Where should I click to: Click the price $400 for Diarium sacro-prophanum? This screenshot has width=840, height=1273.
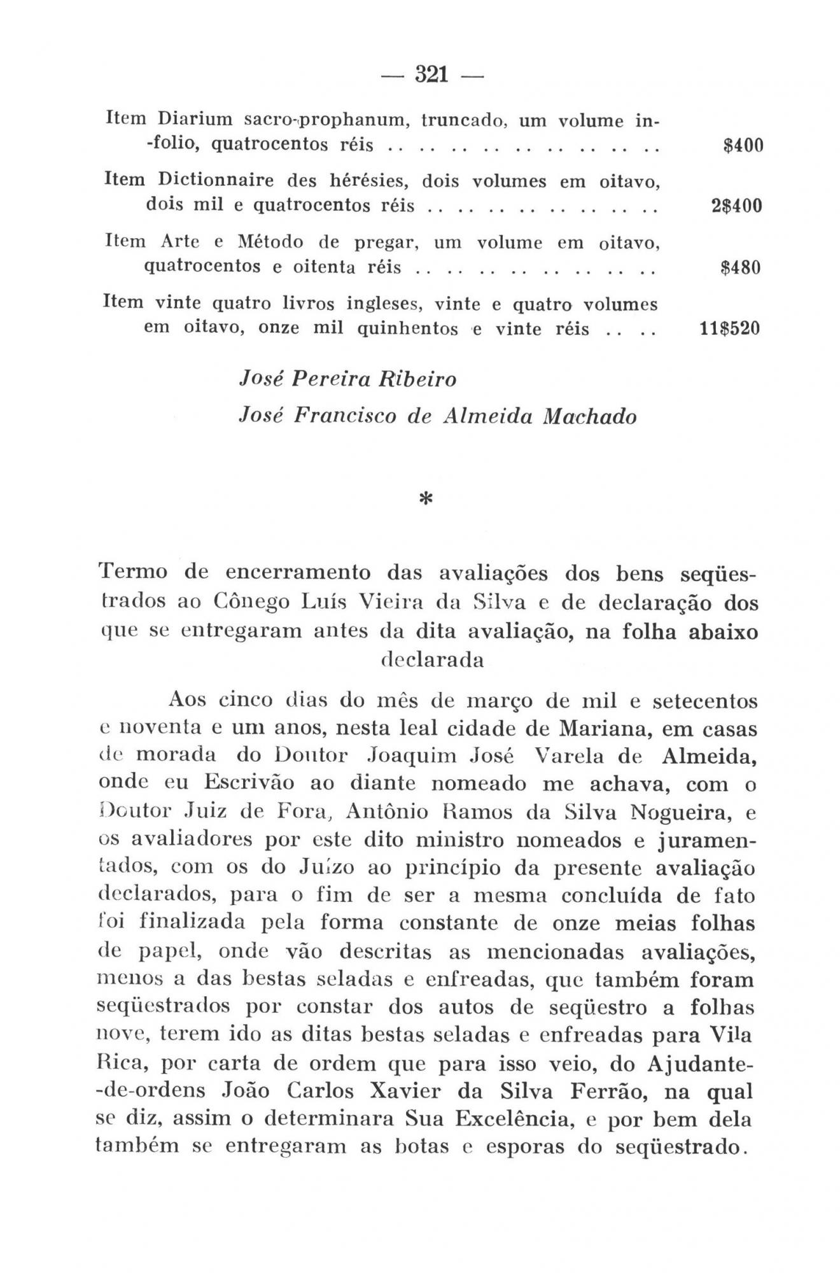click(x=743, y=146)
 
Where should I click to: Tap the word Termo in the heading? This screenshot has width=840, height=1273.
click(x=133, y=572)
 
